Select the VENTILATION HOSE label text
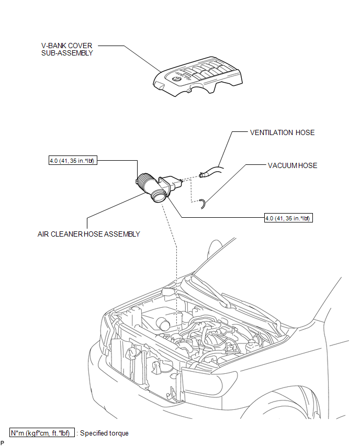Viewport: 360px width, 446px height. point(283,132)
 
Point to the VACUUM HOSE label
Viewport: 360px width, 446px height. point(292,165)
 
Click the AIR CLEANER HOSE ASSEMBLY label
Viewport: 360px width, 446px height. point(89,234)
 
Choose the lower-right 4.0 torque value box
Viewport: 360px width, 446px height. point(289,218)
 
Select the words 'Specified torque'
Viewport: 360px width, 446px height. point(104,433)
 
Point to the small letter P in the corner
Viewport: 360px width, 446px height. point(3,443)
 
